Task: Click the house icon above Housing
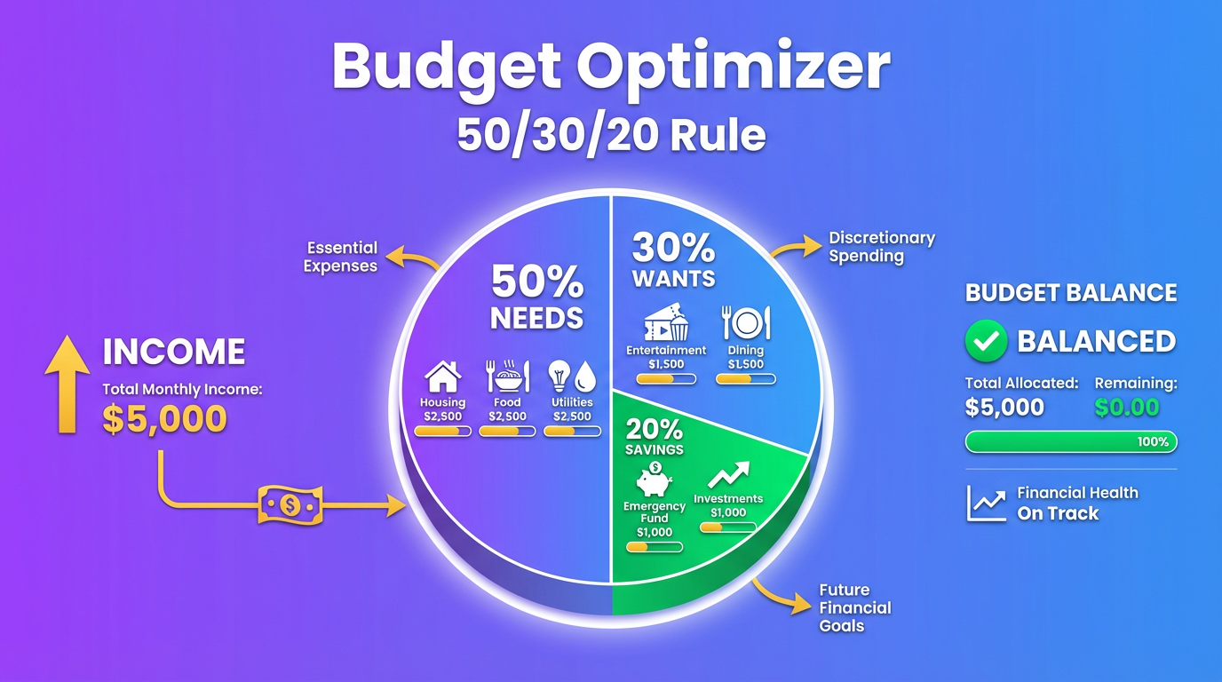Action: [443, 376]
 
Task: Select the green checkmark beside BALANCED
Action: [986, 342]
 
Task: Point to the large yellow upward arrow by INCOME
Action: [67, 386]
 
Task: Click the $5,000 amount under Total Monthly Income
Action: [164, 419]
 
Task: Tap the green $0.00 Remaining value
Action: [1127, 408]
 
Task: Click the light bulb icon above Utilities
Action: [559, 376]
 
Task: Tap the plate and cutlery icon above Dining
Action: [746, 323]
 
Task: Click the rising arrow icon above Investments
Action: [729, 475]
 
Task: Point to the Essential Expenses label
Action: [341, 257]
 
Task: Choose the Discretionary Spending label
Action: [881, 247]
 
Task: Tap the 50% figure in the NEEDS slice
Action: [537, 282]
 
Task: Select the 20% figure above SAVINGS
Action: [655, 429]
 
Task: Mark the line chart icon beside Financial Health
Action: [986, 504]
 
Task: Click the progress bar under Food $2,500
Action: [507, 432]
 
